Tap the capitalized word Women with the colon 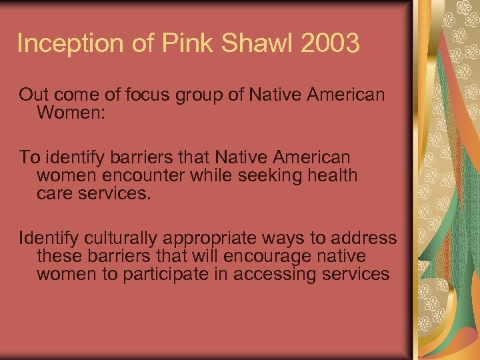click(x=69, y=112)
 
